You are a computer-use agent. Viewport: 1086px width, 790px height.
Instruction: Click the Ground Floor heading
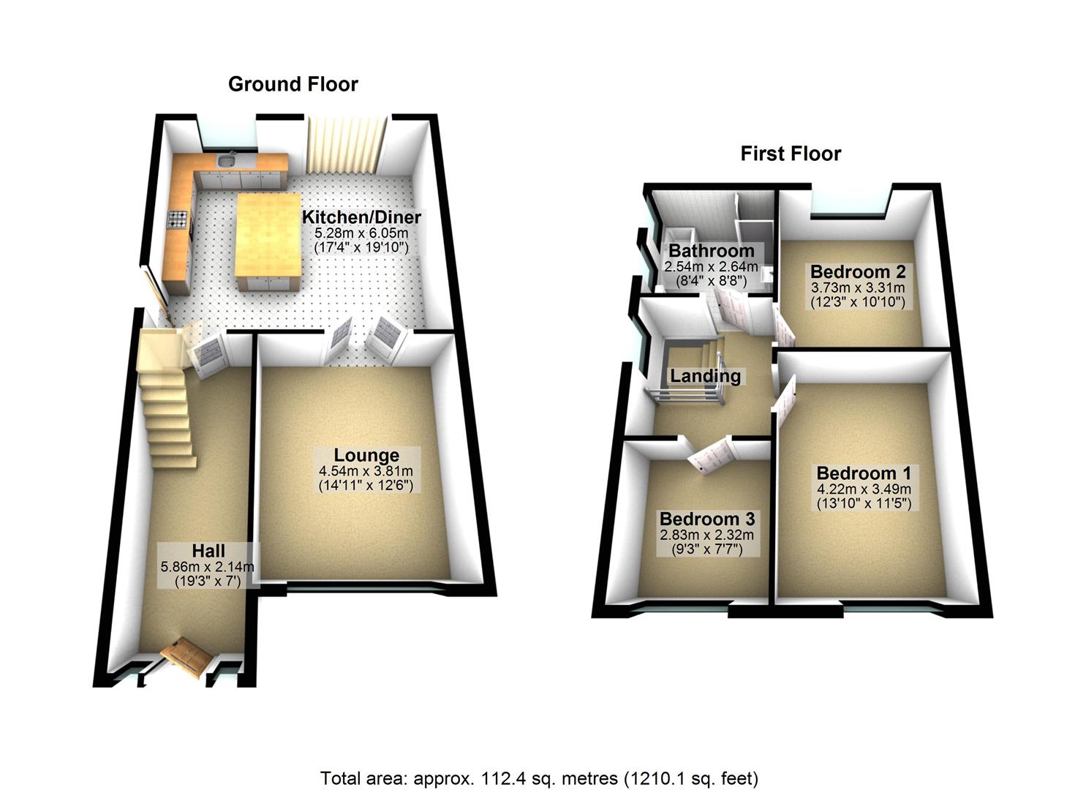(293, 84)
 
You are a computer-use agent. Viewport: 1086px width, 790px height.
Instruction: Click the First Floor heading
(791, 154)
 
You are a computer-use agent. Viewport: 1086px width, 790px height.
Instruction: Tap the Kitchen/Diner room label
(361, 217)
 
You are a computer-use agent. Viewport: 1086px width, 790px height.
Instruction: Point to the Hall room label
(208, 550)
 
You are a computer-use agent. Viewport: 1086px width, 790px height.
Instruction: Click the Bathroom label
(701, 252)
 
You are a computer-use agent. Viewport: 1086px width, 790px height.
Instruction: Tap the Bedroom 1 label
(864, 473)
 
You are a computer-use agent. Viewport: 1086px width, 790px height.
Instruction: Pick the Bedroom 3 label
(706, 519)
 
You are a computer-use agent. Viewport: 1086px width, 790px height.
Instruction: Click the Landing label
(706, 376)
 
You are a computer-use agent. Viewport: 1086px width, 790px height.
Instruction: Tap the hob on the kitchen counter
(178, 218)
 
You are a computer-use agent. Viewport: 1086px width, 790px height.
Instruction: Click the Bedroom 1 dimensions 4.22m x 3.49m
(863, 489)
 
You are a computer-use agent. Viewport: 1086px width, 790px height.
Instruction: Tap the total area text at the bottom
(539, 778)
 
